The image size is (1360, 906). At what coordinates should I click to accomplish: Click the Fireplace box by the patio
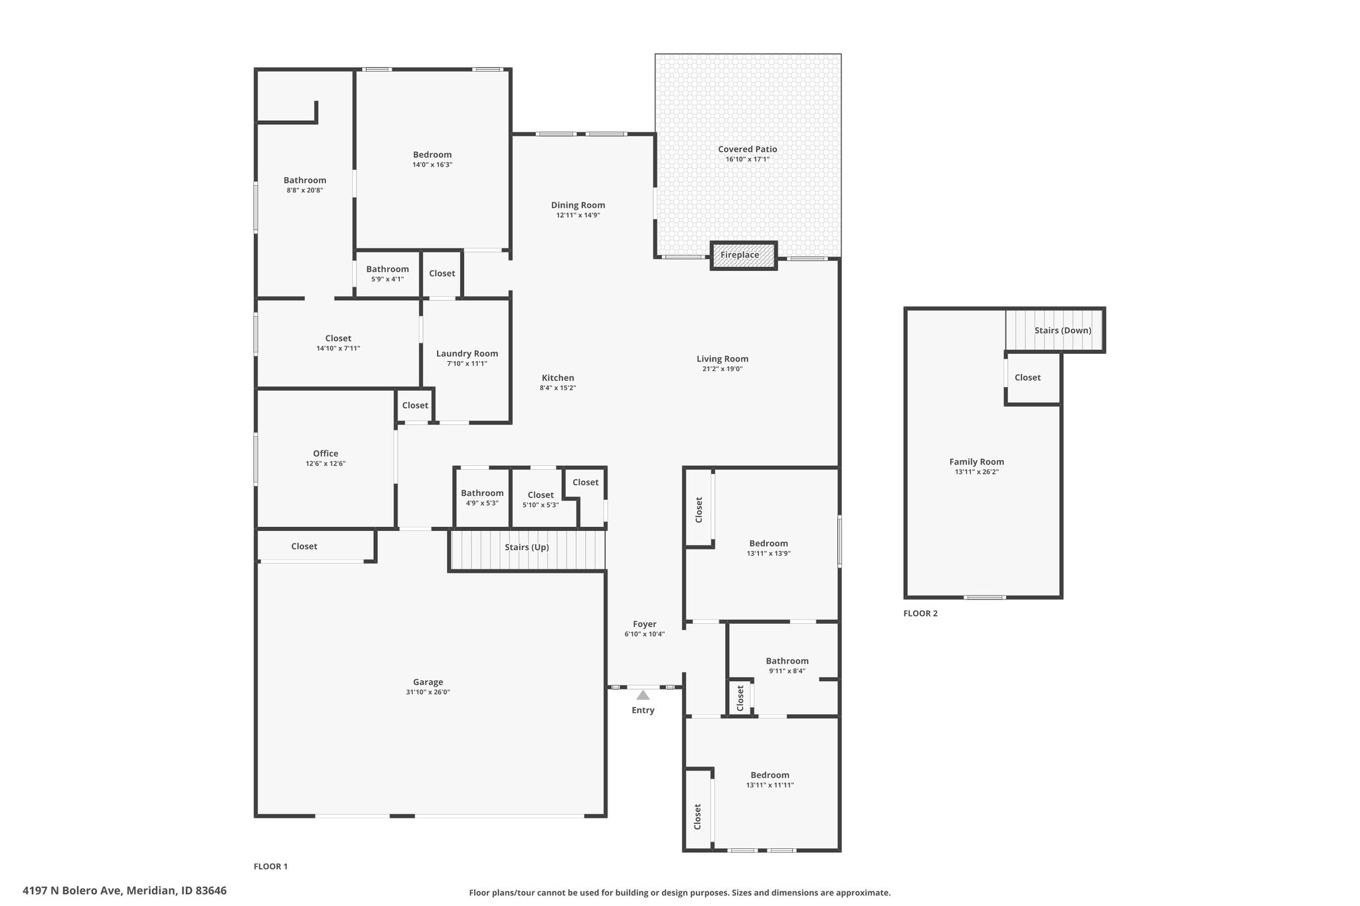click(x=744, y=256)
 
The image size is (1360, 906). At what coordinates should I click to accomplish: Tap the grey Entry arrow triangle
click(x=643, y=696)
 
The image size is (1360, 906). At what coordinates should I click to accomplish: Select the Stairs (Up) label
click(x=527, y=548)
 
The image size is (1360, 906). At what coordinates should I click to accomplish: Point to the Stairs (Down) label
click(x=1062, y=331)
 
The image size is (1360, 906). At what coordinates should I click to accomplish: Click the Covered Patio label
click(x=748, y=149)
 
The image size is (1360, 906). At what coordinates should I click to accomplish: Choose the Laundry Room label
click(x=467, y=354)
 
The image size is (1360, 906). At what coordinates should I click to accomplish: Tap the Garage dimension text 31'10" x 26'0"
click(x=428, y=692)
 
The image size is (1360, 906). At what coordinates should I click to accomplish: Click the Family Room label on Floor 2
click(x=977, y=462)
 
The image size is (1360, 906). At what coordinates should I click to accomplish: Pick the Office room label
click(x=325, y=454)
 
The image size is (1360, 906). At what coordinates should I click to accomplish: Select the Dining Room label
click(x=578, y=205)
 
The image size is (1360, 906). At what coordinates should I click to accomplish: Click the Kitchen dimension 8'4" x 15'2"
click(x=558, y=388)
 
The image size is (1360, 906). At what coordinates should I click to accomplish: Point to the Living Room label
click(x=722, y=359)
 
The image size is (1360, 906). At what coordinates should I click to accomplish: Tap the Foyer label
click(x=644, y=624)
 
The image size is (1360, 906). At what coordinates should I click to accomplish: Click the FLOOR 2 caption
click(x=920, y=613)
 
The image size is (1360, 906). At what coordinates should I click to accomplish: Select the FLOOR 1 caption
click(x=270, y=866)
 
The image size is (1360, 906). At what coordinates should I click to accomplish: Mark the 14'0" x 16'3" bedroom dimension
click(x=432, y=165)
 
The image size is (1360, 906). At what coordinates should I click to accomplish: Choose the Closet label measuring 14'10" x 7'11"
click(x=338, y=339)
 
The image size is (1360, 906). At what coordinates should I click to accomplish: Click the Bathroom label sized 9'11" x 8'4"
click(x=787, y=661)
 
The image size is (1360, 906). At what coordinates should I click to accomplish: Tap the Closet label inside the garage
click(x=304, y=546)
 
